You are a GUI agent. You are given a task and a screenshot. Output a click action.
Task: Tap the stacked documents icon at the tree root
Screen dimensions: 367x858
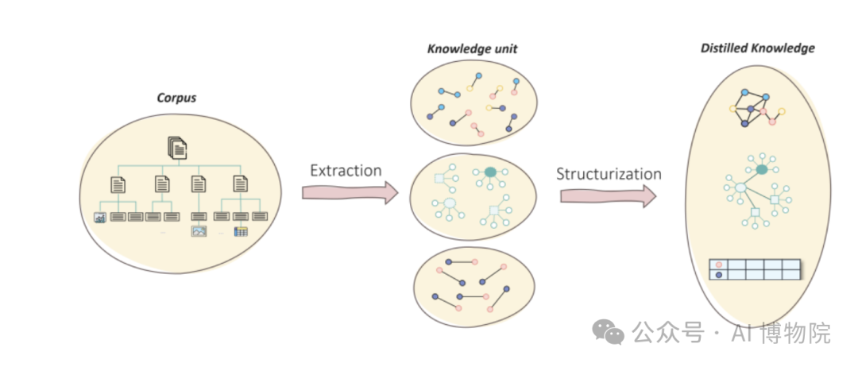177,147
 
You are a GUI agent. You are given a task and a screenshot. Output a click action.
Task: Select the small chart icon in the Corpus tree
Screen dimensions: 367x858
100,217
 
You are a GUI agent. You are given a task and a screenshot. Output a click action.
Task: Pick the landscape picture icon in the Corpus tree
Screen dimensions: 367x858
199,231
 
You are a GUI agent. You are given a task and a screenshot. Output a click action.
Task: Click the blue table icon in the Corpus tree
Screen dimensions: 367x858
241,231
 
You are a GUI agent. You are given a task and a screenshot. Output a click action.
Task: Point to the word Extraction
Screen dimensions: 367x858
346,171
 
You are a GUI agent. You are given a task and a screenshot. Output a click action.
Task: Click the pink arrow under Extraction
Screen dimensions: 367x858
349,192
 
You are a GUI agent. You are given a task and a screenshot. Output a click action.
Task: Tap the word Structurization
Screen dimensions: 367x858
609,174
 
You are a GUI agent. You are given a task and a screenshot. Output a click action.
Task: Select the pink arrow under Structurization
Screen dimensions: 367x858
608,195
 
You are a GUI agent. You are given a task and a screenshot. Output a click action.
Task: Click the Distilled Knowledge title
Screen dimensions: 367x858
757,48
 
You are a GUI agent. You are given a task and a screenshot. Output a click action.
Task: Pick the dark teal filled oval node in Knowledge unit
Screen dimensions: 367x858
490,172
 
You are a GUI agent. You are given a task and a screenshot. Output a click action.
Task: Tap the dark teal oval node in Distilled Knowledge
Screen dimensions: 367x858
761,169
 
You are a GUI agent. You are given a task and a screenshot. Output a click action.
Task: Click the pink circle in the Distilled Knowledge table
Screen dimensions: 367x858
719,265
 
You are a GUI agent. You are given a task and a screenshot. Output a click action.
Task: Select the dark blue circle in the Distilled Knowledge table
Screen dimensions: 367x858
719,275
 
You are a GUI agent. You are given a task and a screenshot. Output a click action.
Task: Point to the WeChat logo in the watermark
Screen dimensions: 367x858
611,334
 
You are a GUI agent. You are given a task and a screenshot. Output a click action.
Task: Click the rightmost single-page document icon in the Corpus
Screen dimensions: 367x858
240,184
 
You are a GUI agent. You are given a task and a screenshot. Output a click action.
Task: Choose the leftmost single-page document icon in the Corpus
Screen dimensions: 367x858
118,184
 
